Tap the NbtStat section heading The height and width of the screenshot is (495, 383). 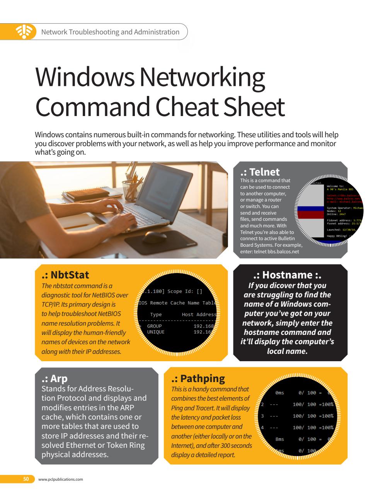click(x=65, y=275)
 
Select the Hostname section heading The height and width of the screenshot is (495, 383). click(x=288, y=275)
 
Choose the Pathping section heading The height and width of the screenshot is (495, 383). click(x=198, y=378)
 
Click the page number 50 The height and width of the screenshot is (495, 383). click(x=26, y=479)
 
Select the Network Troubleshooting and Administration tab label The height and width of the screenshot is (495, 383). click(x=110, y=32)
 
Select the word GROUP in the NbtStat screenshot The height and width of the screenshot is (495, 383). click(x=155, y=326)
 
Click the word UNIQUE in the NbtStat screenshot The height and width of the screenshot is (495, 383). click(x=156, y=332)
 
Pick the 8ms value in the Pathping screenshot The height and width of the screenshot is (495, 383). click(x=279, y=439)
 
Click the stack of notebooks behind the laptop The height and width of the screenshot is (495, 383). click(x=79, y=195)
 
